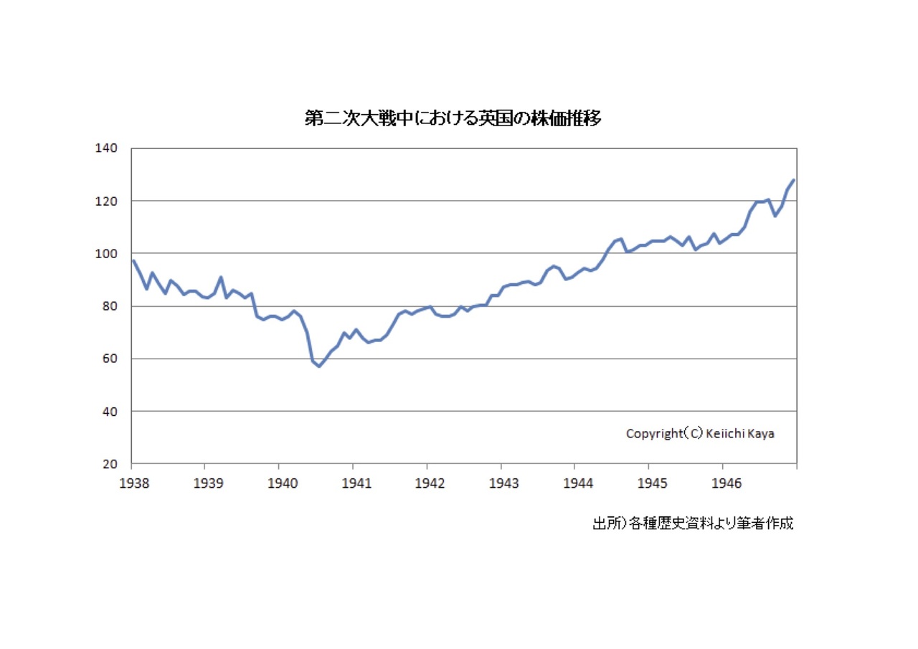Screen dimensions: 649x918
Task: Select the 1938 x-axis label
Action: [134, 483]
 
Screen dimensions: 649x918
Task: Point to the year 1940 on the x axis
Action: [282, 483]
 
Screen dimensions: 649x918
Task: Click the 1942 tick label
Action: [430, 483]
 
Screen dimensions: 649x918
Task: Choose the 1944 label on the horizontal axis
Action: [578, 483]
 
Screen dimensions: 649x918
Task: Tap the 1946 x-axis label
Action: [726, 483]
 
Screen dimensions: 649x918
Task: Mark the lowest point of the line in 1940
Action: [320, 366]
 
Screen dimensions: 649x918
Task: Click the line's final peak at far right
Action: [794, 180]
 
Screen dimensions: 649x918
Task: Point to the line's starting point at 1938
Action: [133, 260]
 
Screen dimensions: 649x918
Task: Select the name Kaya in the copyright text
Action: [761, 434]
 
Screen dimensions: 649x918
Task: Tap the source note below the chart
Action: [693, 524]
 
